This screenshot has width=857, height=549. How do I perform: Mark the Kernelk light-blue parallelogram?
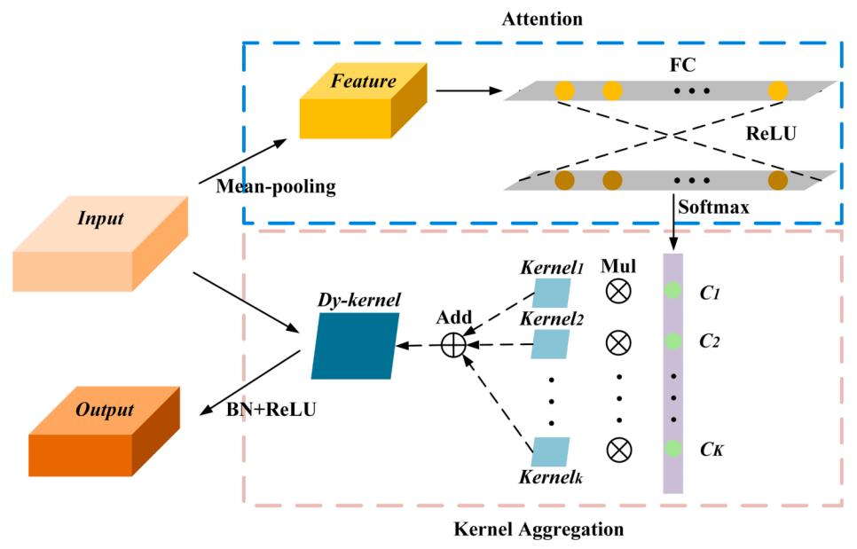tap(550, 451)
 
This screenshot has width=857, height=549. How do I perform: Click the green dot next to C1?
tap(673, 290)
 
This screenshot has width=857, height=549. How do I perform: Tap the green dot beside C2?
tap(673, 341)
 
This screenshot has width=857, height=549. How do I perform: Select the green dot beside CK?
tap(673, 448)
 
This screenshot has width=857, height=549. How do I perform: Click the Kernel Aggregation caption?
tap(539, 530)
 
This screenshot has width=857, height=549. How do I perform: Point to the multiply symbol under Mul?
tap(618, 291)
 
